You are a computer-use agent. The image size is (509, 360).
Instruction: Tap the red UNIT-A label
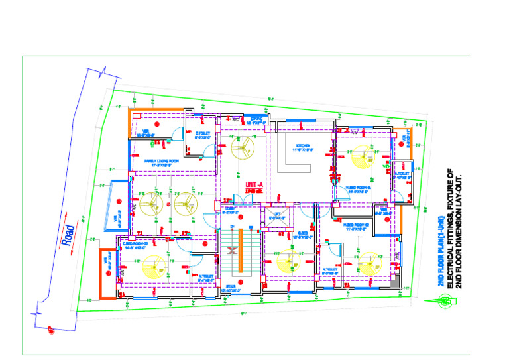click(x=254, y=185)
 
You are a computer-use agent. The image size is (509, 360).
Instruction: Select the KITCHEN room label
click(x=303, y=145)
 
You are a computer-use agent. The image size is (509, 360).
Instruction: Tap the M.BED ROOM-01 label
click(x=359, y=188)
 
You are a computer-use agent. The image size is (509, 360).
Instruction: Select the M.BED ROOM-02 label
click(x=357, y=225)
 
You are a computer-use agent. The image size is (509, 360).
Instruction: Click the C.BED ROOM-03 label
click(x=137, y=244)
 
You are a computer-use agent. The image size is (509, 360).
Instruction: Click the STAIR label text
click(x=231, y=287)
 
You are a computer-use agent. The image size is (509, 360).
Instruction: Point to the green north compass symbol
click(x=446, y=302)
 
